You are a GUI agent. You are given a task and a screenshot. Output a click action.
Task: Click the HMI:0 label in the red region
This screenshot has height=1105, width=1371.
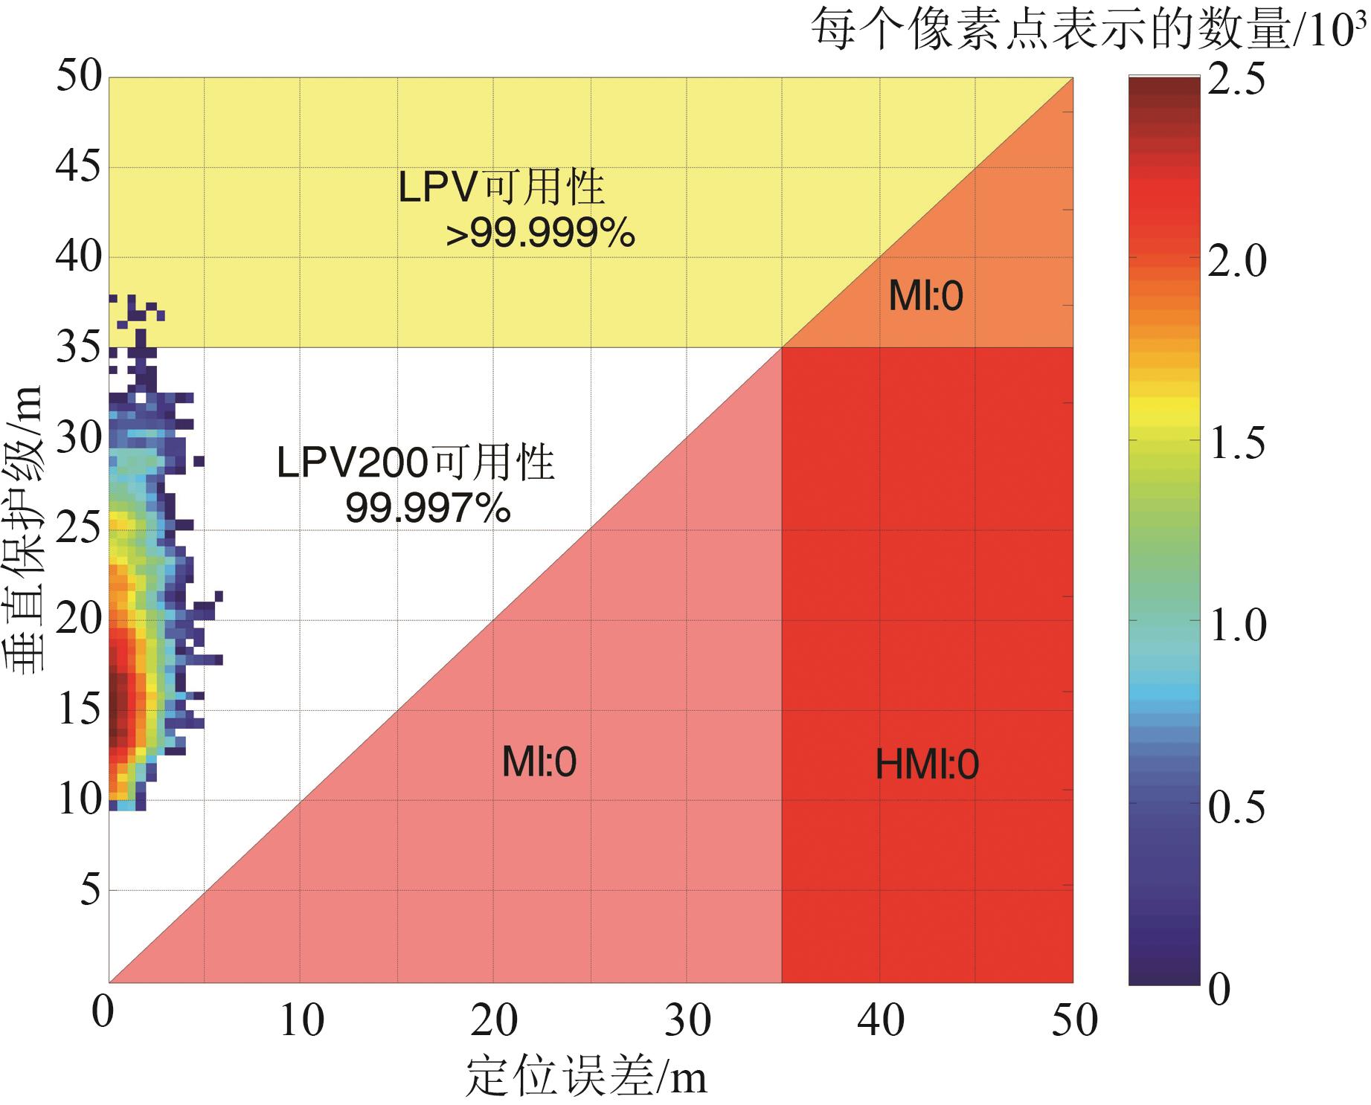[x=927, y=765]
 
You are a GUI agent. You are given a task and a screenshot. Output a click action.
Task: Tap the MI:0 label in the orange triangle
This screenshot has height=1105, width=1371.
[x=925, y=296]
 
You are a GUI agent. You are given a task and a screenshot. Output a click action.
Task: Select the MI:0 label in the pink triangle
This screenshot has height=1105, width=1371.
[x=539, y=762]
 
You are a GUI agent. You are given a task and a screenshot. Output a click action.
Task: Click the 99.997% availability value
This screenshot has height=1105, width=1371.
[x=428, y=509]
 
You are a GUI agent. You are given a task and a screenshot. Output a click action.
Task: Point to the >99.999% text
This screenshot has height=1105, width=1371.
[x=540, y=234]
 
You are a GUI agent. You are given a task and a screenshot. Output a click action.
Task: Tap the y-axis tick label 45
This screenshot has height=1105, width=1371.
[x=78, y=167]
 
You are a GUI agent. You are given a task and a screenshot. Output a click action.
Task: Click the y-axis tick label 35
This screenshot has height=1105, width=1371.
[x=78, y=347]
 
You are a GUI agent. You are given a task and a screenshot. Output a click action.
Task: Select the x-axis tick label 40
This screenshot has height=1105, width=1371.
[x=881, y=1020]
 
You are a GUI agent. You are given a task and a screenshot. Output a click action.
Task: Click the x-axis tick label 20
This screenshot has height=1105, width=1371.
[x=494, y=1020]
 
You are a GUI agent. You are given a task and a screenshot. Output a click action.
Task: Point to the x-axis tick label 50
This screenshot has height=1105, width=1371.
[x=1074, y=1020]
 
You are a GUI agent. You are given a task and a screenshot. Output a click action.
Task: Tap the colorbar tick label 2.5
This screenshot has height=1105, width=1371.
[x=1236, y=79]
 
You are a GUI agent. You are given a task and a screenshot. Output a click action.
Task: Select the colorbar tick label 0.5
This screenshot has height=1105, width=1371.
[x=1236, y=807]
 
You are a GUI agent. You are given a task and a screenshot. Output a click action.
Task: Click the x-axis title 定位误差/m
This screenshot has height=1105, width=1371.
[x=586, y=1076]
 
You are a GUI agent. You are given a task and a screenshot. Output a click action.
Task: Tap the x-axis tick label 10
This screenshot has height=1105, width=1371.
[x=301, y=1020]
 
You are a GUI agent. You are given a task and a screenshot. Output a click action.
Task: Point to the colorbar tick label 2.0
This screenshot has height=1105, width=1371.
[x=1236, y=262]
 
